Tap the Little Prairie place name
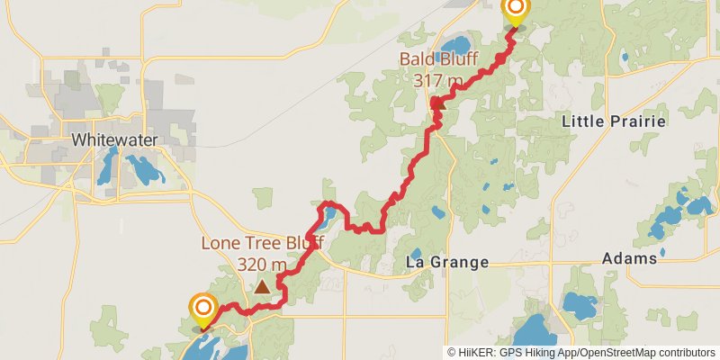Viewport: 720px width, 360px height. tap(613, 121)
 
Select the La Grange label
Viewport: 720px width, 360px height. tap(447, 263)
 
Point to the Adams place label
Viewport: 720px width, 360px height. tap(629, 258)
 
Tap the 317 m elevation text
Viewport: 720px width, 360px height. tap(438, 80)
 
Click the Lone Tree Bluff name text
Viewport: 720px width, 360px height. tap(262, 243)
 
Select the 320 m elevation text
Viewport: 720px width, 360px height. tap(262, 265)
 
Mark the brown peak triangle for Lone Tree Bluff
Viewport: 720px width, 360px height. tap(261, 287)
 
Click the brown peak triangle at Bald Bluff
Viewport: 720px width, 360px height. tap(439, 104)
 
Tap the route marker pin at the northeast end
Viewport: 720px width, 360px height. tap(516, 12)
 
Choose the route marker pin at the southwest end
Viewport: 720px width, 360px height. tap(202, 311)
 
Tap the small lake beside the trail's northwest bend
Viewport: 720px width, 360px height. tap(328, 215)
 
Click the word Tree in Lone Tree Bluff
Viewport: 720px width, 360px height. tap(266, 243)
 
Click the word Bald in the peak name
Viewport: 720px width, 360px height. tap(418, 61)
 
